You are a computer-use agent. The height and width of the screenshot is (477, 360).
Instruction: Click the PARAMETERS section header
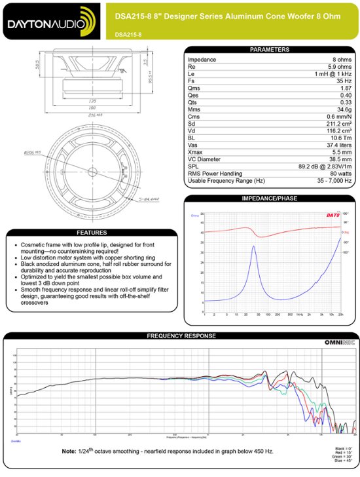[x=269, y=50]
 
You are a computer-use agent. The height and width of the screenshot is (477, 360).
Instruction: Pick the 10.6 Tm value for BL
[x=341, y=138]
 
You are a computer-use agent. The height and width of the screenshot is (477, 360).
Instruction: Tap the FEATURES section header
[x=92, y=233]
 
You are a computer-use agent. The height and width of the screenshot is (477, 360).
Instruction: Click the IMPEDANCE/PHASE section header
[x=269, y=198]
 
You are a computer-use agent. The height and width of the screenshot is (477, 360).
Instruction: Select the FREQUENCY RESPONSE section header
[x=179, y=336]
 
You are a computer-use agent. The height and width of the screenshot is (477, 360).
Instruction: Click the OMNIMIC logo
[x=340, y=343]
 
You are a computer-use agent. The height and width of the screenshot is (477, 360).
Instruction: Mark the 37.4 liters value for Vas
[x=337, y=145]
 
